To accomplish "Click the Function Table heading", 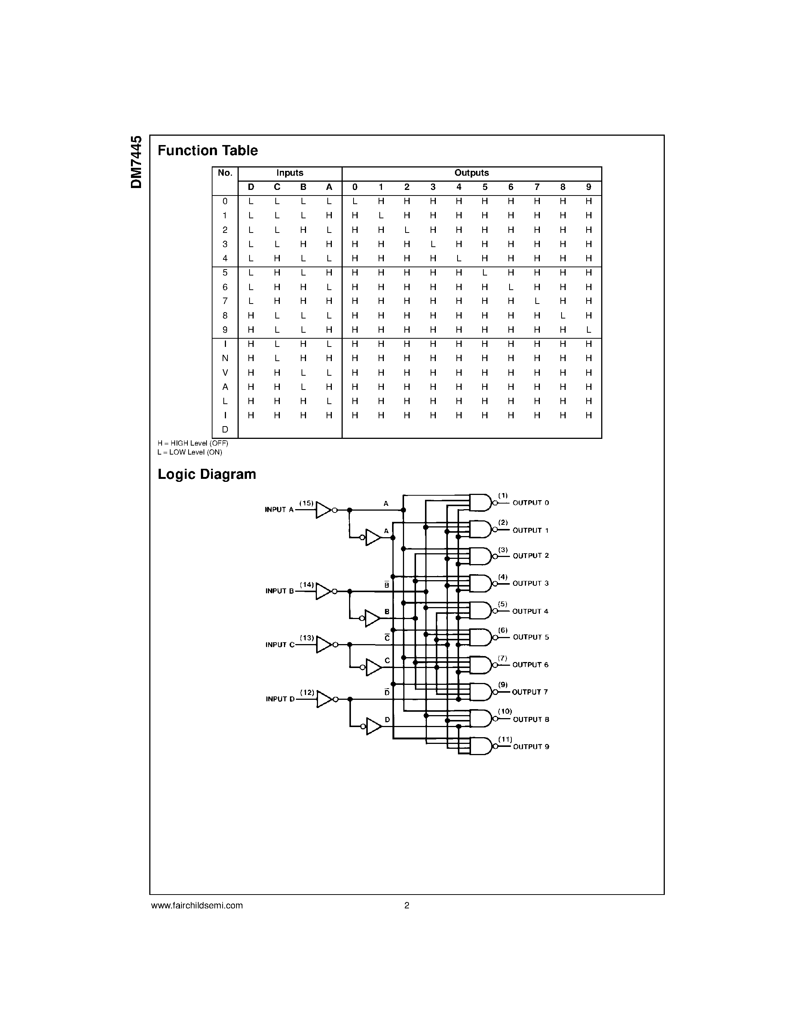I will click(208, 151).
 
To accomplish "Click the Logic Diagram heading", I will click(207, 474).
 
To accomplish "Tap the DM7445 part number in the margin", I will click(137, 162).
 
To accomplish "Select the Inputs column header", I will click(290, 173).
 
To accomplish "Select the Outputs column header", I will click(471, 173).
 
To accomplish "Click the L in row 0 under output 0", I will click(355, 201).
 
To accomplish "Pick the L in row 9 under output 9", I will click(588, 330).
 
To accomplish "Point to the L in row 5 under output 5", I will click(484, 273).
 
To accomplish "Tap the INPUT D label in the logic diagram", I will click(280, 699).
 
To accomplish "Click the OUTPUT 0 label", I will click(531, 503).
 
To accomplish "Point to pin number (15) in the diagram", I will click(307, 503).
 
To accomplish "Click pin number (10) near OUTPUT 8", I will click(504, 711).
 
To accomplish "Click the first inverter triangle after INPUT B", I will click(323, 591).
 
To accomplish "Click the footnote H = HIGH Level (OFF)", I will click(193, 443).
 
